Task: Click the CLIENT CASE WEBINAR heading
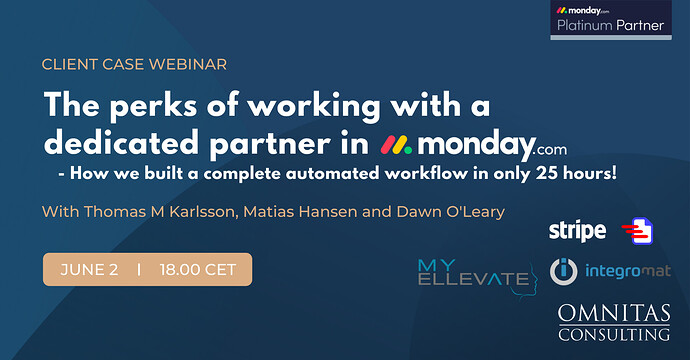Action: coord(135,65)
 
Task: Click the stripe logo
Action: coord(577,231)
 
